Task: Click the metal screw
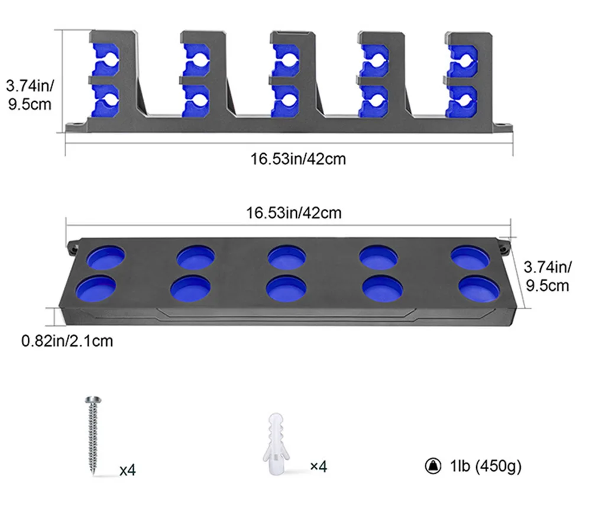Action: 93,435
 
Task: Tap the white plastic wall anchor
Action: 276,444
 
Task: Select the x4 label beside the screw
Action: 128,470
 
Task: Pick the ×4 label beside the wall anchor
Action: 318,466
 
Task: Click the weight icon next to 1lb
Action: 433,466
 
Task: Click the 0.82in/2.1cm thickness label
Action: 67,341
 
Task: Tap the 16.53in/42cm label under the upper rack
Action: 298,159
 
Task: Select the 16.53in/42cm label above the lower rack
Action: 294,213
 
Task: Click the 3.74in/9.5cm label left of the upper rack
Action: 30,95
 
